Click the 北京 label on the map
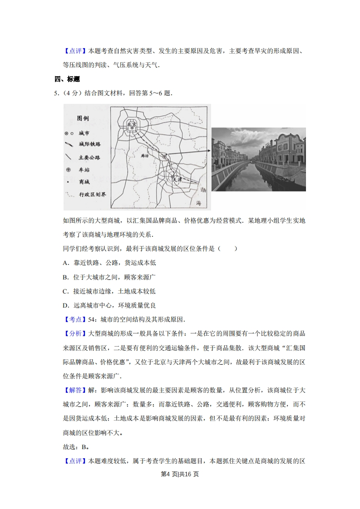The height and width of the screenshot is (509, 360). point(131,123)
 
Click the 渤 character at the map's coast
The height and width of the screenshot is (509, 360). point(203,190)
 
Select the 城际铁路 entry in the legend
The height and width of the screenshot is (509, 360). point(89,144)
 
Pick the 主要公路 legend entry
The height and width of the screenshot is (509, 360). point(89,157)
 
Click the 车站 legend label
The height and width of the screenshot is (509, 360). point(84,170)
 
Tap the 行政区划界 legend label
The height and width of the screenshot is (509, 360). point(92,194)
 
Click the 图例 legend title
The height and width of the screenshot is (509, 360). point(83,118)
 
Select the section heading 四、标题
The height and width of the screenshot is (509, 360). point(67,79)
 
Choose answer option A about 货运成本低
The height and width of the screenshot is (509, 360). point(109,263)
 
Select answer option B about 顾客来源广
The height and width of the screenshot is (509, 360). point(109,277)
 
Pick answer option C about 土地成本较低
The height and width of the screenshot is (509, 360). point(109,291)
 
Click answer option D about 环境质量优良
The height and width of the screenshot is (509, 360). point(109,305)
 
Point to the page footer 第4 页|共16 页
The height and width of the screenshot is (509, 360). point(180,475)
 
